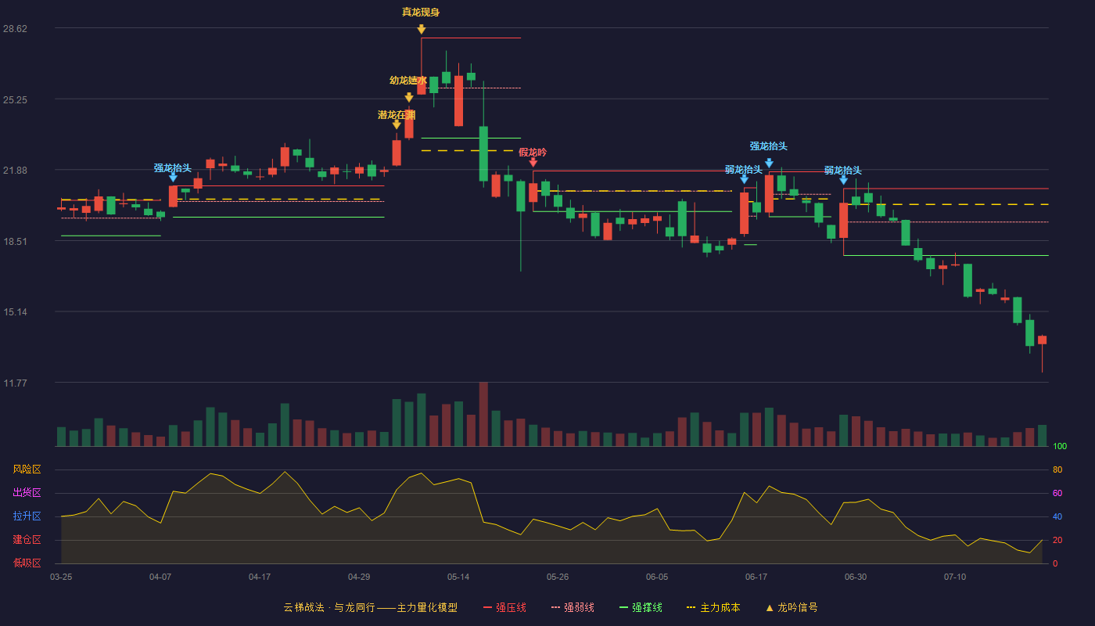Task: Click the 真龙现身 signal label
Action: click(421, 13)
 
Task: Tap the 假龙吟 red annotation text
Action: click(533, 153)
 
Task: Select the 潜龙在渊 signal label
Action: click(397, 116)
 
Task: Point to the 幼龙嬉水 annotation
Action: click(408, 81)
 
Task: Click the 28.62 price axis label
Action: click(15, 29)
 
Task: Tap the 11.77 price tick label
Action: click(15, 383)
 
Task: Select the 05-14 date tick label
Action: click(458, 577)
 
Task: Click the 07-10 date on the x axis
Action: click(955, 577)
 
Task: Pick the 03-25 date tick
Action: click(61, 577)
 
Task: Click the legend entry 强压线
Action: click(504, 608)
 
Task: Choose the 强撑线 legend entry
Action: click(641, 608)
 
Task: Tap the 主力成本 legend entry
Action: click(713, 608)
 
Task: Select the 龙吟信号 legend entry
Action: click(792, 608)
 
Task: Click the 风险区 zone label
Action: click(27, 469)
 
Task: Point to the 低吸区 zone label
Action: click(27, 563)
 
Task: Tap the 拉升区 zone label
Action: click(27, 516)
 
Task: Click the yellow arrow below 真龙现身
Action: click(421, 30)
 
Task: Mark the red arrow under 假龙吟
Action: click(533, 163)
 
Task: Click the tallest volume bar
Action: click(483, 414)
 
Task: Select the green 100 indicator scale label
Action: click(1060, 446)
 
